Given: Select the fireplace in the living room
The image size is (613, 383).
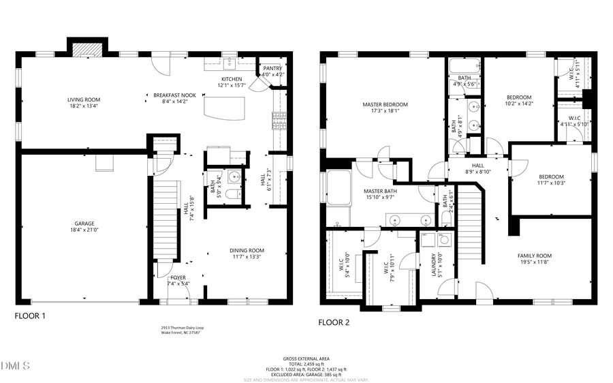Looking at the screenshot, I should [x=85, y=49].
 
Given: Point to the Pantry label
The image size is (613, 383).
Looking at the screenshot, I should [x=272, y=68].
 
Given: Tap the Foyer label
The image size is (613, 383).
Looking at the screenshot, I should [x=178, y=278].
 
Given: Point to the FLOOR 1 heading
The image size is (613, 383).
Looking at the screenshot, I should [x=30, y=316].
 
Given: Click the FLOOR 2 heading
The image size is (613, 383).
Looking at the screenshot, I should [x=334, y=322].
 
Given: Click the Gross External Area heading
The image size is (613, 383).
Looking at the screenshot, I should [x=306, y=358].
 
